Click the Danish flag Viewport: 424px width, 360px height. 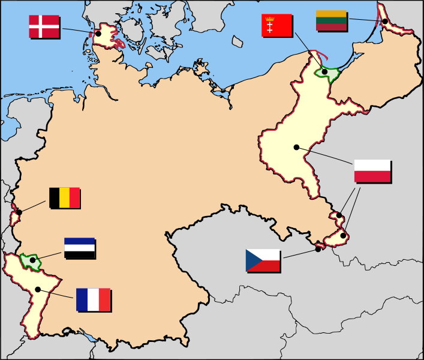click(x=44, y=27)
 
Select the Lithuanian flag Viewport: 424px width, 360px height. click(x=331, y=20)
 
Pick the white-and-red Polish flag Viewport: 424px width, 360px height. click(x=372, y=171)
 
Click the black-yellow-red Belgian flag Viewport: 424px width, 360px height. click(x=64, y=197)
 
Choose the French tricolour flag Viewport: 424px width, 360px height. click(x=93, y=299)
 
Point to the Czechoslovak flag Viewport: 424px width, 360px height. click(x=263, y=260)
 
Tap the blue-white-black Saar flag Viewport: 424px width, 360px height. click(x=79, y=248)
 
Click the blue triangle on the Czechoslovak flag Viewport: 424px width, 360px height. click(x=251, y=260)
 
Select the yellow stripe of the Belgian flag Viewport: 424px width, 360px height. click(x=64, y=197)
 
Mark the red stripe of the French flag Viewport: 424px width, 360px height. click(x=104, y=299)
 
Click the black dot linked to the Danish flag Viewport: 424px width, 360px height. click(x=98, y=34)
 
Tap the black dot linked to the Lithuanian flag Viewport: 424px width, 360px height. click(x=384, y=22)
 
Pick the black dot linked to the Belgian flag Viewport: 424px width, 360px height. click(x=19, y=212)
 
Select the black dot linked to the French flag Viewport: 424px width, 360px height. click(x=38, y=289)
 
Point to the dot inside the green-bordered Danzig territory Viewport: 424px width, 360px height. click(x=324, y=72)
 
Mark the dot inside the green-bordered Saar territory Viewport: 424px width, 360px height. click(x=32, y=260)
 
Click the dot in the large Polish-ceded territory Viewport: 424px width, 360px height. click(x=296, y=147)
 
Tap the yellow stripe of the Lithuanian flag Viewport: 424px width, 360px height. click(x=331, y=14)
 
